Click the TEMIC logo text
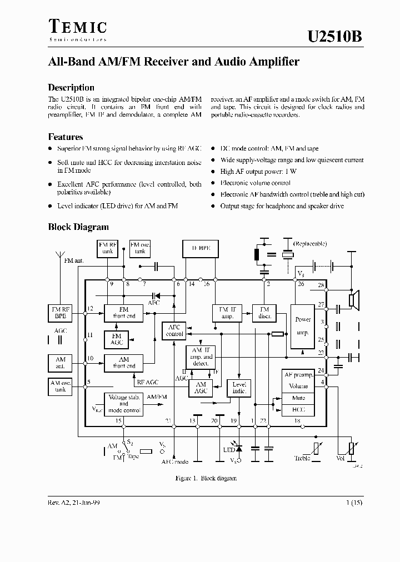point(78,27)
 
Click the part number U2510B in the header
point(336,36)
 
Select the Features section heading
point(66,137)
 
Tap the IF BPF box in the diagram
point(201,249)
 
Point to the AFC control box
point(174,331)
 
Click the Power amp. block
point(303,326)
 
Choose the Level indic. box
point(239,387)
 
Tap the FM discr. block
point(264,313)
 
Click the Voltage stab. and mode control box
point(123,404)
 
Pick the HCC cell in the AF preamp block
point(299,409)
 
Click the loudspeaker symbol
point(353,300)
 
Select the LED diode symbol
point(239,448)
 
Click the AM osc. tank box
point(61,386)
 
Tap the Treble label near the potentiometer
point(302,458)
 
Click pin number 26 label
point(301,284)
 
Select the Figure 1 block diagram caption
point(198,478)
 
